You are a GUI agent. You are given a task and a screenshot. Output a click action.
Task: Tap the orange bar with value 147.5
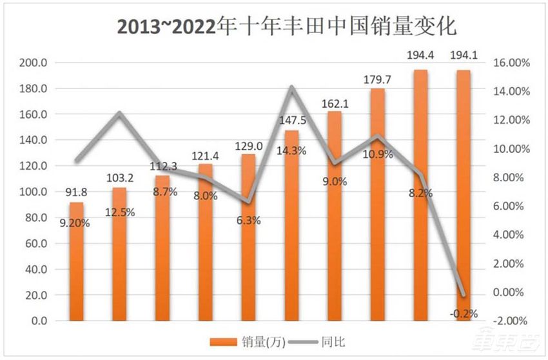(x=291, y=226)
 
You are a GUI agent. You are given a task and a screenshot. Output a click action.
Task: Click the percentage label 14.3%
(x=291, y=151)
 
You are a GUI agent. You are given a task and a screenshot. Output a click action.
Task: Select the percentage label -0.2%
(x=464, y=314)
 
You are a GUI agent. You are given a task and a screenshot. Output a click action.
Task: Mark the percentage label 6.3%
(x=248, y=220)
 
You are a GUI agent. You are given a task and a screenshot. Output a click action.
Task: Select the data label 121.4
(x=206, y=156)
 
